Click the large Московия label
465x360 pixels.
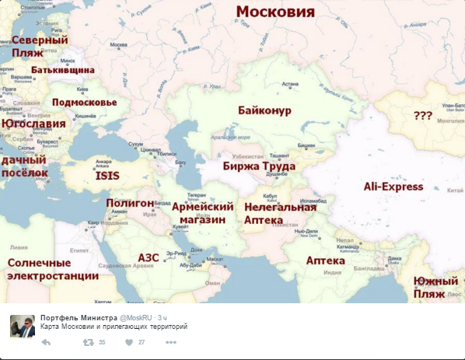pyautogui.click(x=275, y=12)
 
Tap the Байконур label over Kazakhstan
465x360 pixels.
pyautogui.click(x=265, y=111)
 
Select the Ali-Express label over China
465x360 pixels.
pyautogui.click(x=393, y=187)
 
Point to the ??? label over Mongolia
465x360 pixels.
pyautogui.click(x=423, y=115)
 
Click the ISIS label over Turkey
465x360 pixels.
pyautogui.click(x=107, y=177)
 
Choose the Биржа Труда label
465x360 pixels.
pyautogui.click(x=258, y=166)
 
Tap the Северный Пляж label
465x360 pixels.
pyautogui.click(x=39, y=46)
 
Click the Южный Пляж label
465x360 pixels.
pyautogui.click(x=435, y=287)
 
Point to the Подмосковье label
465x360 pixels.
pyautogui.click(x=84, y=102)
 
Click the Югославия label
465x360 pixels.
pyautogui.click(x=33, y=124)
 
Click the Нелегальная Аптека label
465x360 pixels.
pyautogui.click(x=280, y=214)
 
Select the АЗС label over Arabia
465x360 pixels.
pyautogui.click(x=149, y=257)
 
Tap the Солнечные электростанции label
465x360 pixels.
pyautogui.click(x=53, y=269)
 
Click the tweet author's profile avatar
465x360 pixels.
pyautogui.click(x=22, y=327)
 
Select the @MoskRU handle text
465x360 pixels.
pyautogui.click(x=136, y=318)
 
